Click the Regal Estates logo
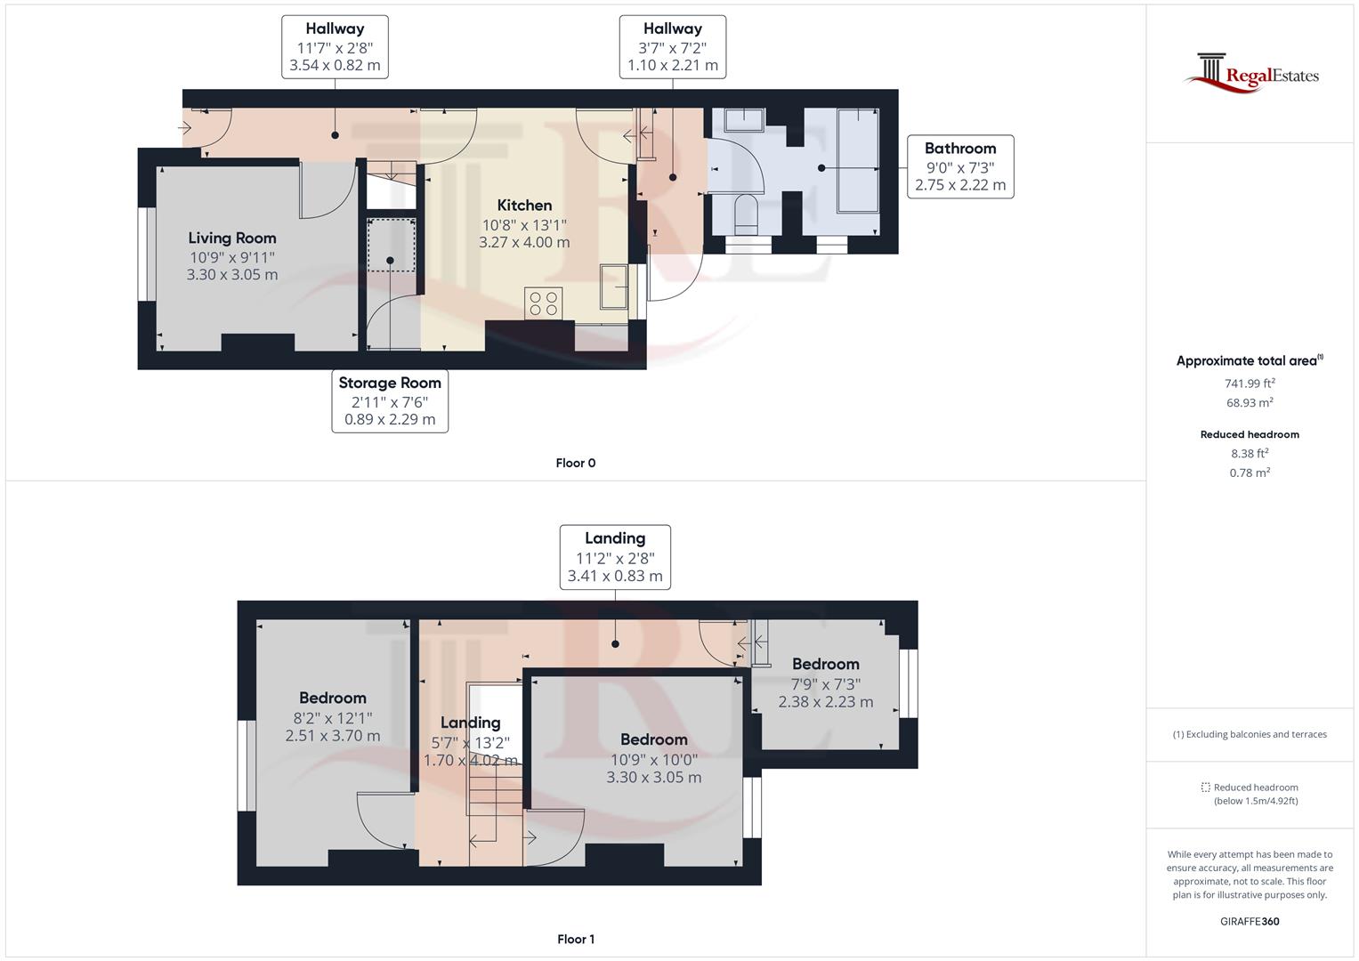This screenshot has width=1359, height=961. [x=1250, y=73]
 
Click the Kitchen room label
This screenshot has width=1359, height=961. [x=524, y=206]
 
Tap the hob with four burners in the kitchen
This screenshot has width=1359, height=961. [x=544, y=303]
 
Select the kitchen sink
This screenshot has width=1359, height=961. [x=614, y=287]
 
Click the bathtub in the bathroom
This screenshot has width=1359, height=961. [x=858, y=160]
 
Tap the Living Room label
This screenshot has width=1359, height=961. [x=232, y=238]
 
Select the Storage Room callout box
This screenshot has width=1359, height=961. [x=390, y=401]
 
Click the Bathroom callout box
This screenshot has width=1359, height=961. [x=959, y=166]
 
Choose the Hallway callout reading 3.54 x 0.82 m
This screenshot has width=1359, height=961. [x=335, y=47]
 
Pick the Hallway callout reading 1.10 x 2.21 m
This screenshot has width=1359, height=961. [x=672, y=47]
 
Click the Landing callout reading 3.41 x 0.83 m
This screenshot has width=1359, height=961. [x=615, y=557]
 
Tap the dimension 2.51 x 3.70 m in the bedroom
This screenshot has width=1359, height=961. [x=333, y=737]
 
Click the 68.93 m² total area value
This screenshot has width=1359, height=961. [x=1250, y=403]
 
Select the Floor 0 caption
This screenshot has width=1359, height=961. [x=575, y=463]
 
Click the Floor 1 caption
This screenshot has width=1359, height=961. [x=575, y=939]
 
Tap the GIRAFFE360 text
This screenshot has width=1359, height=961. [x=1250, y=922]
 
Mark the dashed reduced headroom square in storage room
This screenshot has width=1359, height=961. [x=391, y=244]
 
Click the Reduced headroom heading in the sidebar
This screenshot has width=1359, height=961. [x=1250, y=435]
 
